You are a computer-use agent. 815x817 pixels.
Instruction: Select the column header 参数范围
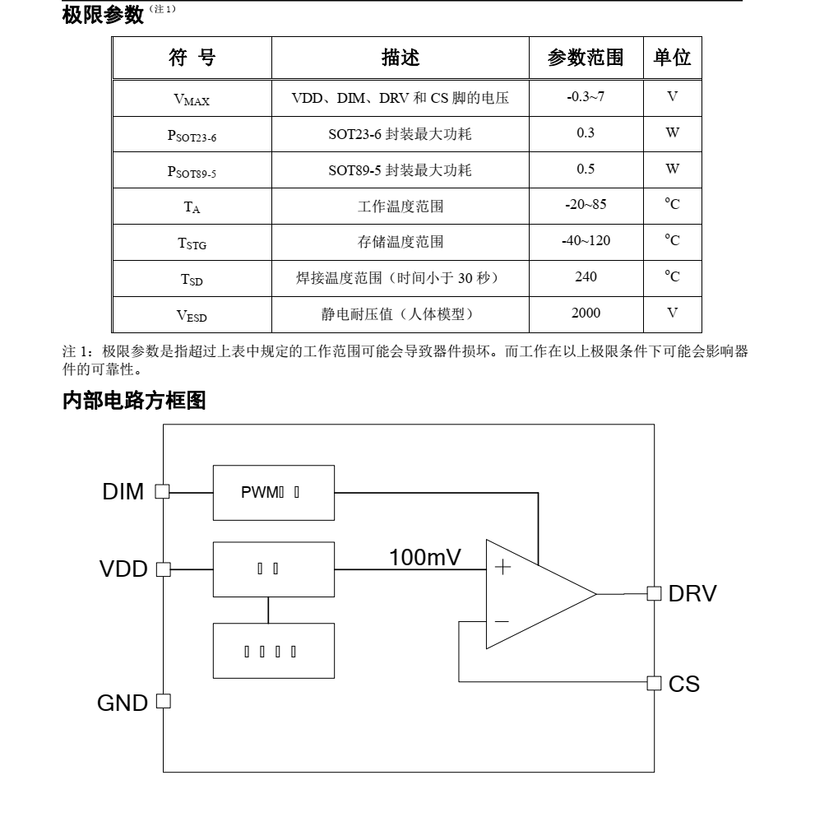tap(585, 57)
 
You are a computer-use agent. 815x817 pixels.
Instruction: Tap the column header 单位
tap(672, 57)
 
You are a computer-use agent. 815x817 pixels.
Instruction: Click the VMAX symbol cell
tap(192, 99)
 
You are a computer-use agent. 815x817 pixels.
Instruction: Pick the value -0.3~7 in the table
tap(586, 97)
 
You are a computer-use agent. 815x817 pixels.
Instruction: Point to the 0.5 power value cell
tap(586, 169)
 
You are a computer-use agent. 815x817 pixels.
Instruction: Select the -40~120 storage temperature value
tap(586, 241)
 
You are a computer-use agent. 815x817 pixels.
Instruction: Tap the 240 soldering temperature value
tap(586, 277)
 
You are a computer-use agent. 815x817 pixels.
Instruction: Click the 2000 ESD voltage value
tap(586, 313)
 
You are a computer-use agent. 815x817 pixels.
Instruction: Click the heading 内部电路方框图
tap(134, 402)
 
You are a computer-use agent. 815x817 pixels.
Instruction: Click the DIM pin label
tap(123, 492)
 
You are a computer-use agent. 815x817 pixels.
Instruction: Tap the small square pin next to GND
tap(162, 701)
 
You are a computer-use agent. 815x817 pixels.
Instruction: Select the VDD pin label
tap(123, 569)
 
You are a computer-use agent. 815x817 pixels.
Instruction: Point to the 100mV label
tap(425, 557)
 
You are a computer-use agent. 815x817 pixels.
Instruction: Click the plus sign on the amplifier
tap(502, 568)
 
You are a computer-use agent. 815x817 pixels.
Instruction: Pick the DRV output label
tap(692, 593)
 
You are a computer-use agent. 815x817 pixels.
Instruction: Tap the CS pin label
tap(684, 683)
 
